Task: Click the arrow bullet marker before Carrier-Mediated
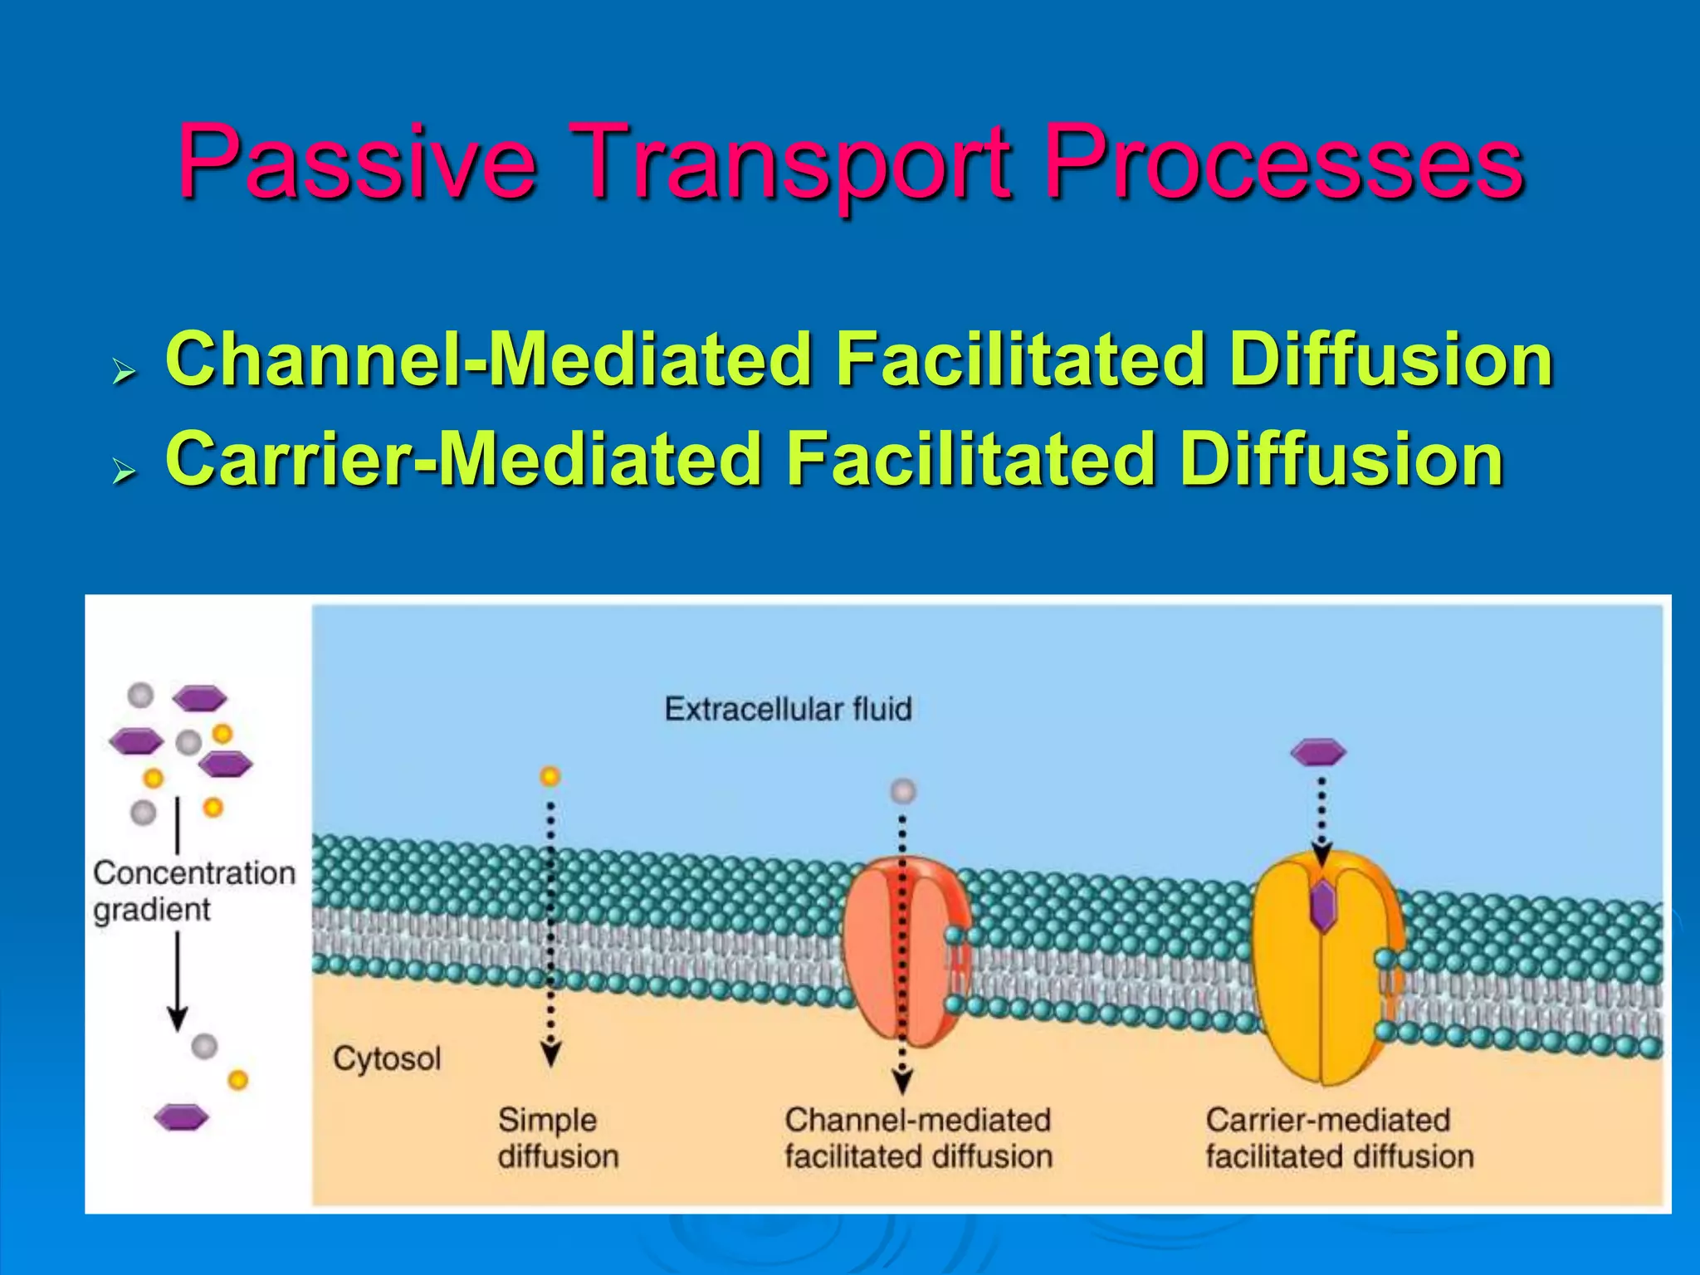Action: click(x=124, y=472)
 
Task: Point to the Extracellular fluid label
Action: click(x=788, y=709)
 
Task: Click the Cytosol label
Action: click(x=387, y=1058)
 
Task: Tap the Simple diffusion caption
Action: click(x=558, y=1138)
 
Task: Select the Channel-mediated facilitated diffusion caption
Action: click(x=918, y=1138)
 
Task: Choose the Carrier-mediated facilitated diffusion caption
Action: click(x=1339, y=1138)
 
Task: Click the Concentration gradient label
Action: click(x=194, y=891)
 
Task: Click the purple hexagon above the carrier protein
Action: click(x=1318, y=752)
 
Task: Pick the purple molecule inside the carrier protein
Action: click(x=1321, y=906)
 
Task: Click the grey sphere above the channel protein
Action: click(x=903, y=791)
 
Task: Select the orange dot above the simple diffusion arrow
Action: click(x=550, y=776)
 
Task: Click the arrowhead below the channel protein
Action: click(x=902, y=1082)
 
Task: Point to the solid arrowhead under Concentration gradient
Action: click(x=177, y=1018)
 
